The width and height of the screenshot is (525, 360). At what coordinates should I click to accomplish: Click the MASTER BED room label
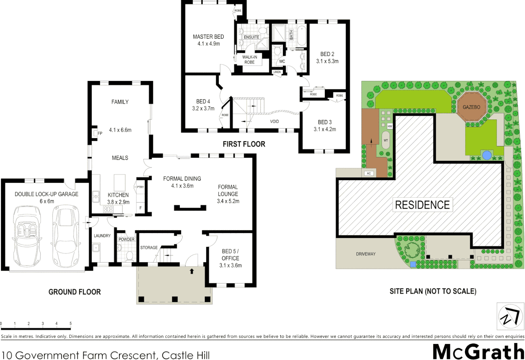208,37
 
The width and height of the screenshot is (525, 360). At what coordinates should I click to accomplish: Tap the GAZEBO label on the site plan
471,107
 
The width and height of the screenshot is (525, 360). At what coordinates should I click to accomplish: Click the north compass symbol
510,316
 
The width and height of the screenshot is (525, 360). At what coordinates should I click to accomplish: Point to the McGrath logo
478,352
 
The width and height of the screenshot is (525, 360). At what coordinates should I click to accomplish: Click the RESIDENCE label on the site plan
422,205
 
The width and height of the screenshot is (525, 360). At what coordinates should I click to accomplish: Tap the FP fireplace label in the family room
100,133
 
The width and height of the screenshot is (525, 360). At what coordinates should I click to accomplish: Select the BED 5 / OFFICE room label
230,255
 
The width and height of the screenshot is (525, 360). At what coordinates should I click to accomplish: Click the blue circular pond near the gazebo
487,155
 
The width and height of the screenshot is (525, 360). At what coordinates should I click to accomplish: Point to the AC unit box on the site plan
369,173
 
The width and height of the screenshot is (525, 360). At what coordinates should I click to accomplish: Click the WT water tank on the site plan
386,140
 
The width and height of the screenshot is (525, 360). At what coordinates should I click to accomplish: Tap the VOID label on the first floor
274,121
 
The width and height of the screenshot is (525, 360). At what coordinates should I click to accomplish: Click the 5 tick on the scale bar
70,323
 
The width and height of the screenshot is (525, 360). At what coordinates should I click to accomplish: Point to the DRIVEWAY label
366,254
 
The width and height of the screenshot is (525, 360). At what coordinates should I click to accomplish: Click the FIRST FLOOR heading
244,144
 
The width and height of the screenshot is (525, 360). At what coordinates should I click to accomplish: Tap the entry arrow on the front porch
192,271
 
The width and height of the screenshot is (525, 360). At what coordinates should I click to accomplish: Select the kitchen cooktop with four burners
108,209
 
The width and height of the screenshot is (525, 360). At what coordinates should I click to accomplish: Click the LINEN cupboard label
277,72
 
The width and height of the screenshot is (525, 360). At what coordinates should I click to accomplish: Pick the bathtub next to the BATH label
301,35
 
